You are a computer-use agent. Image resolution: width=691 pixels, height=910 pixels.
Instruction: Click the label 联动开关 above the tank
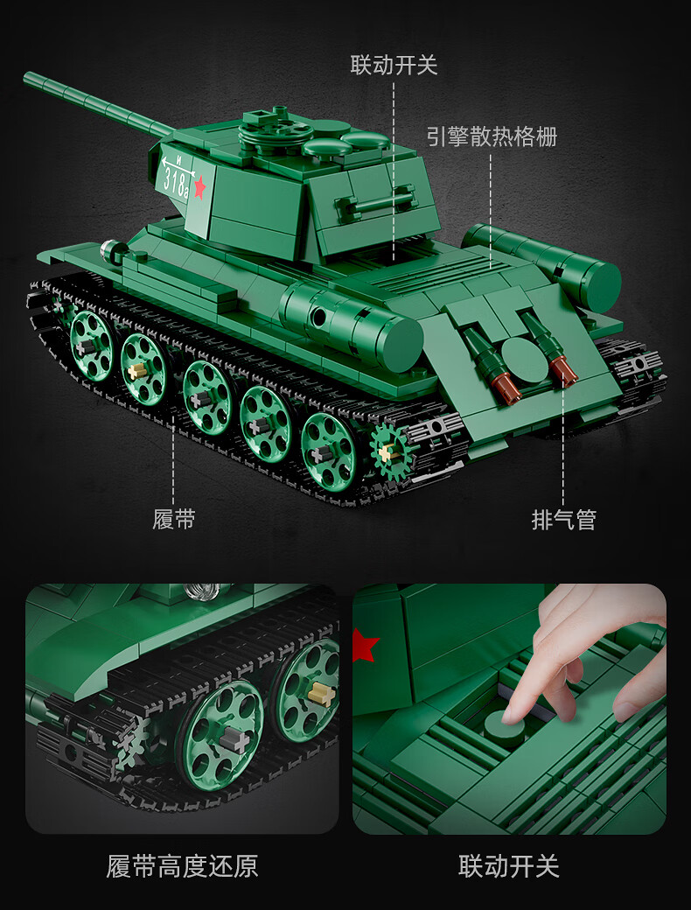394,65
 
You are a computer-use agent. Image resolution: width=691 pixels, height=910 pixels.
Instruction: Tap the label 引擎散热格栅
492,136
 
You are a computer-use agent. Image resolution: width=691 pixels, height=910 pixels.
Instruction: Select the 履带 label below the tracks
173,518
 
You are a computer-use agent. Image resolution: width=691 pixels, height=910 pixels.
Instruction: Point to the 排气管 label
564,520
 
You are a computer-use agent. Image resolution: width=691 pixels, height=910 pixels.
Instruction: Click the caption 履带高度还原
182,866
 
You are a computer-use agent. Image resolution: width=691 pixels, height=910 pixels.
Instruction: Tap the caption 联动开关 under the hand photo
509,866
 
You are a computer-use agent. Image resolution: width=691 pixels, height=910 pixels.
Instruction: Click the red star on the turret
199,187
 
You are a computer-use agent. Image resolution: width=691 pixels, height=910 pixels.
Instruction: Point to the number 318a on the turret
176,182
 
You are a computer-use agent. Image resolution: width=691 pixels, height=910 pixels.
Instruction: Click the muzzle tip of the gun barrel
27,77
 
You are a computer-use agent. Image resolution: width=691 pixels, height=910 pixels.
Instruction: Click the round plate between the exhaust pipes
524,360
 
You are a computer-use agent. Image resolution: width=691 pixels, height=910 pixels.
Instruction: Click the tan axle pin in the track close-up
321,694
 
